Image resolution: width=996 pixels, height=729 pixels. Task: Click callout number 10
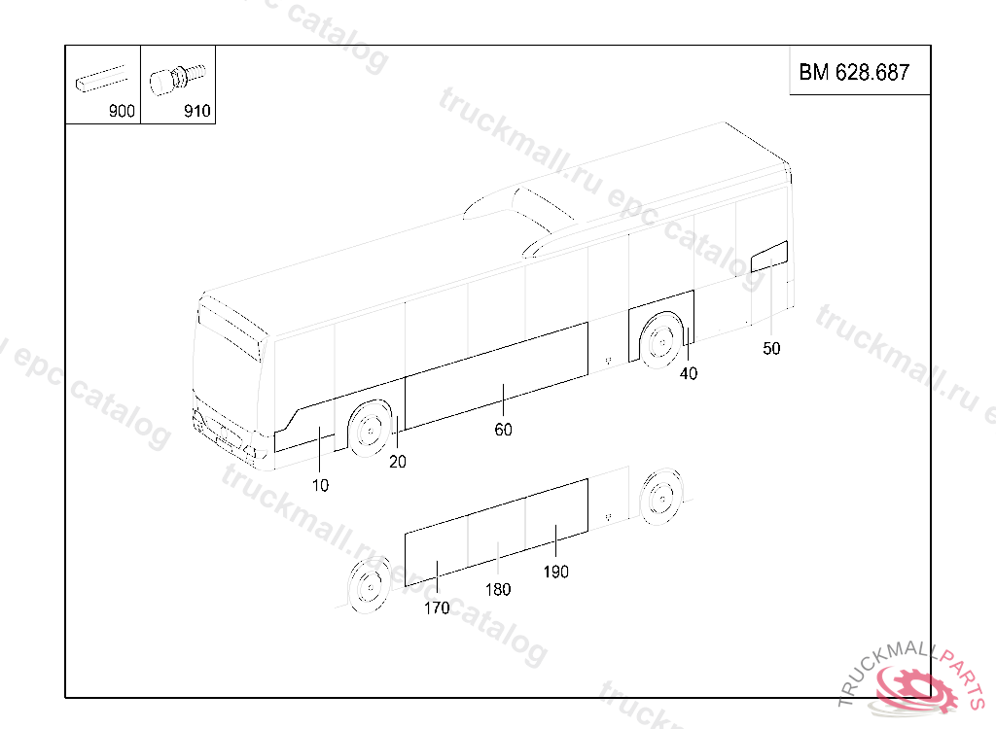320,486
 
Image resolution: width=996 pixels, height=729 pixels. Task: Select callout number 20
398,462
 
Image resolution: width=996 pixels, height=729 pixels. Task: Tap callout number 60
503,430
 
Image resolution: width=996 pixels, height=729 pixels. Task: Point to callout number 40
689,374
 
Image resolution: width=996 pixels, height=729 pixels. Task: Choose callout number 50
771,349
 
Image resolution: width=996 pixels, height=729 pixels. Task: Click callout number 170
437,608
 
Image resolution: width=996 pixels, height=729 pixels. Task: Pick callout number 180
498,590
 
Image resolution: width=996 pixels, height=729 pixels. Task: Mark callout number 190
555,573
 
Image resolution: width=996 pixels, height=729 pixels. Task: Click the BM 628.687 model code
854,72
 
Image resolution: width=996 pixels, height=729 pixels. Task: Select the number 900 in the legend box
122,111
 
